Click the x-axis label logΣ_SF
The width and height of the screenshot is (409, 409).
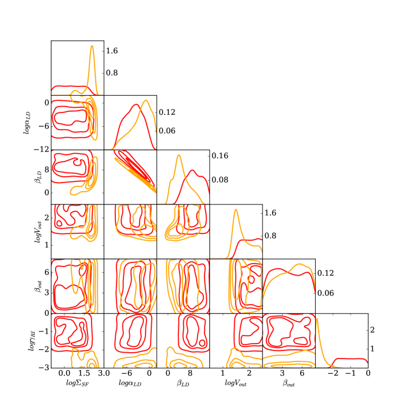pyautogui.click(x=77, y=383)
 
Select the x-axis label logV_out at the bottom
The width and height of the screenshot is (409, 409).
pyautogui.click(x=236, y=383)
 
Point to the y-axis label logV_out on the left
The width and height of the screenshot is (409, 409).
pyautogui.click(x=38, y=232)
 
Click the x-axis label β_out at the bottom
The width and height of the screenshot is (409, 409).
pyautogui.click(x=289, y=383)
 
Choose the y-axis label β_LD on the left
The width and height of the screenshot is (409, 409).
pyautogui.click(x=38, y=177)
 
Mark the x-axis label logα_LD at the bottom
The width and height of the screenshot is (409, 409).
pyautogui.click(x=130, y=383)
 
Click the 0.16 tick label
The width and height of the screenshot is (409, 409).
pyautogui.click(x=220, y=156)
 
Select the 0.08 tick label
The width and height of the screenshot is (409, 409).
pyautogui.click(x=220, y=180)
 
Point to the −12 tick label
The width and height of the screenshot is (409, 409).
pyautogui.click(x=42, y=149)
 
